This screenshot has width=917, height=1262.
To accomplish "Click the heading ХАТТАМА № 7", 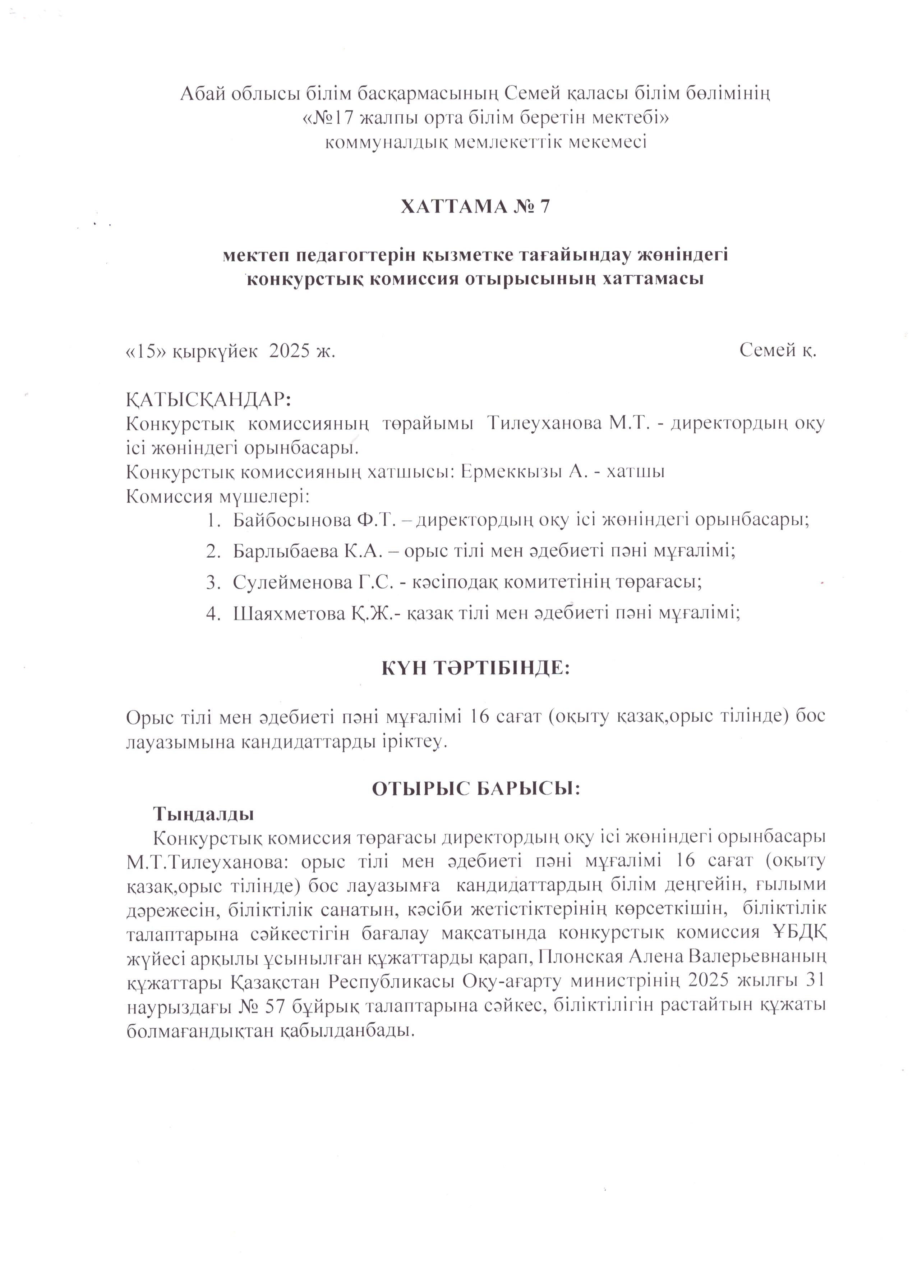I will coord(475,207).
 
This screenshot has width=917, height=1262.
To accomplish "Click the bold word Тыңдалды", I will coord(204,814).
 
